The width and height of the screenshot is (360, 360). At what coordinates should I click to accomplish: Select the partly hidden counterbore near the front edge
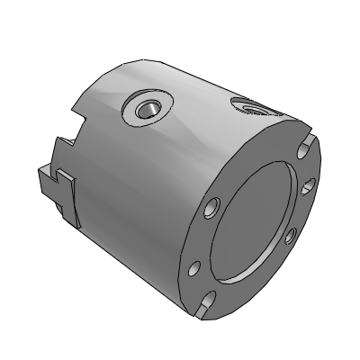click(x=256, y=109)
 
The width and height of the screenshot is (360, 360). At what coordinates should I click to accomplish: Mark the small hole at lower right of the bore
click(x=290, y=237)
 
